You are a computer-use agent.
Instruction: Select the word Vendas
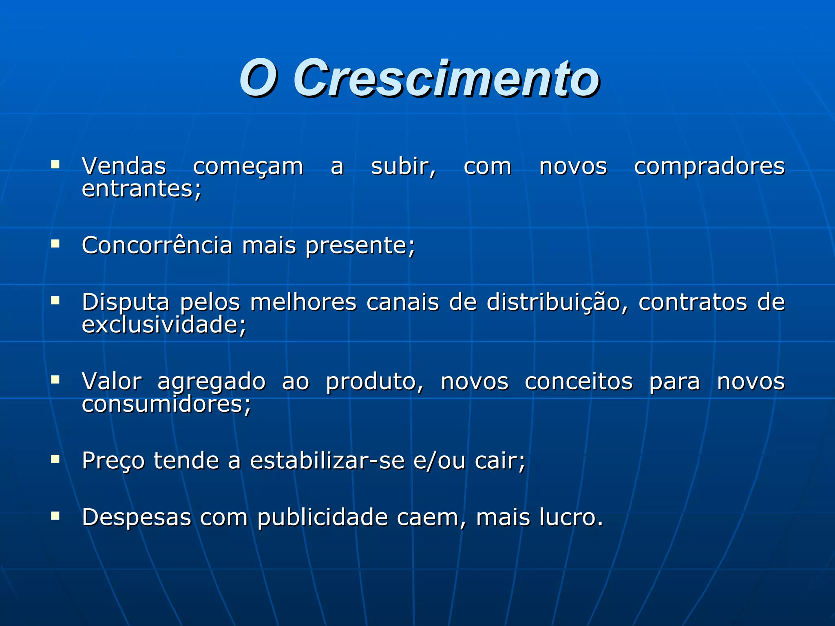[x=124, y=166]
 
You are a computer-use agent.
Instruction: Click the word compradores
[x=709, y=166]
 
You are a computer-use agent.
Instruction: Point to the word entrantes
[x=141, y=189]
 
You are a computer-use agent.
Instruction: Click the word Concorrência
[x=157, y=245]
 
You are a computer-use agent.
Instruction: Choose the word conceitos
[x=579, y=381]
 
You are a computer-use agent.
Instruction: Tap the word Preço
[x=113, y=461]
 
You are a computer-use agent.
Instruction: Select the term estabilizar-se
[x=327, y=461]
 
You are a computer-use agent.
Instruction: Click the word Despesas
[x=137, y=518]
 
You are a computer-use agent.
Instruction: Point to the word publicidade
[x=323, y=518]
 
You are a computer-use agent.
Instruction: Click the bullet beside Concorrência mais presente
[x=55, y=244]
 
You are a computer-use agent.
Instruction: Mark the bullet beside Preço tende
[x=55, y=459]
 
